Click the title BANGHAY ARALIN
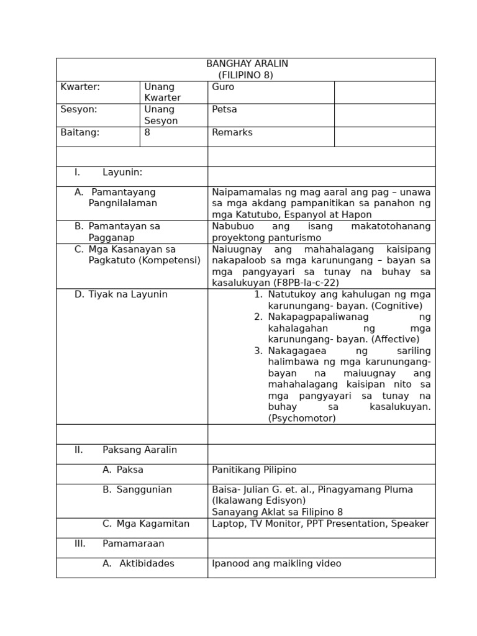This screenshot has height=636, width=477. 247,64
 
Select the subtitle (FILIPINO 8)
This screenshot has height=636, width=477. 247,75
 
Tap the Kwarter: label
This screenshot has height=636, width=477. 80,87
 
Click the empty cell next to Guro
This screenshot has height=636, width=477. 384,93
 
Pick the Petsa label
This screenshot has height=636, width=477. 224,109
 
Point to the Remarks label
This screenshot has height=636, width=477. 232,132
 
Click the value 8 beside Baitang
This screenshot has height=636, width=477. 147,132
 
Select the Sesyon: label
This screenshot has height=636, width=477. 79,109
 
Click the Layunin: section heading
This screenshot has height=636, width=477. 122,172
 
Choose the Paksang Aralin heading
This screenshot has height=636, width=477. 140,450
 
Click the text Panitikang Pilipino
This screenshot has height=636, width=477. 254,470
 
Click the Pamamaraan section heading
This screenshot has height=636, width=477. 134,543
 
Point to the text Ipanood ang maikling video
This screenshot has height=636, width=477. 276,563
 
